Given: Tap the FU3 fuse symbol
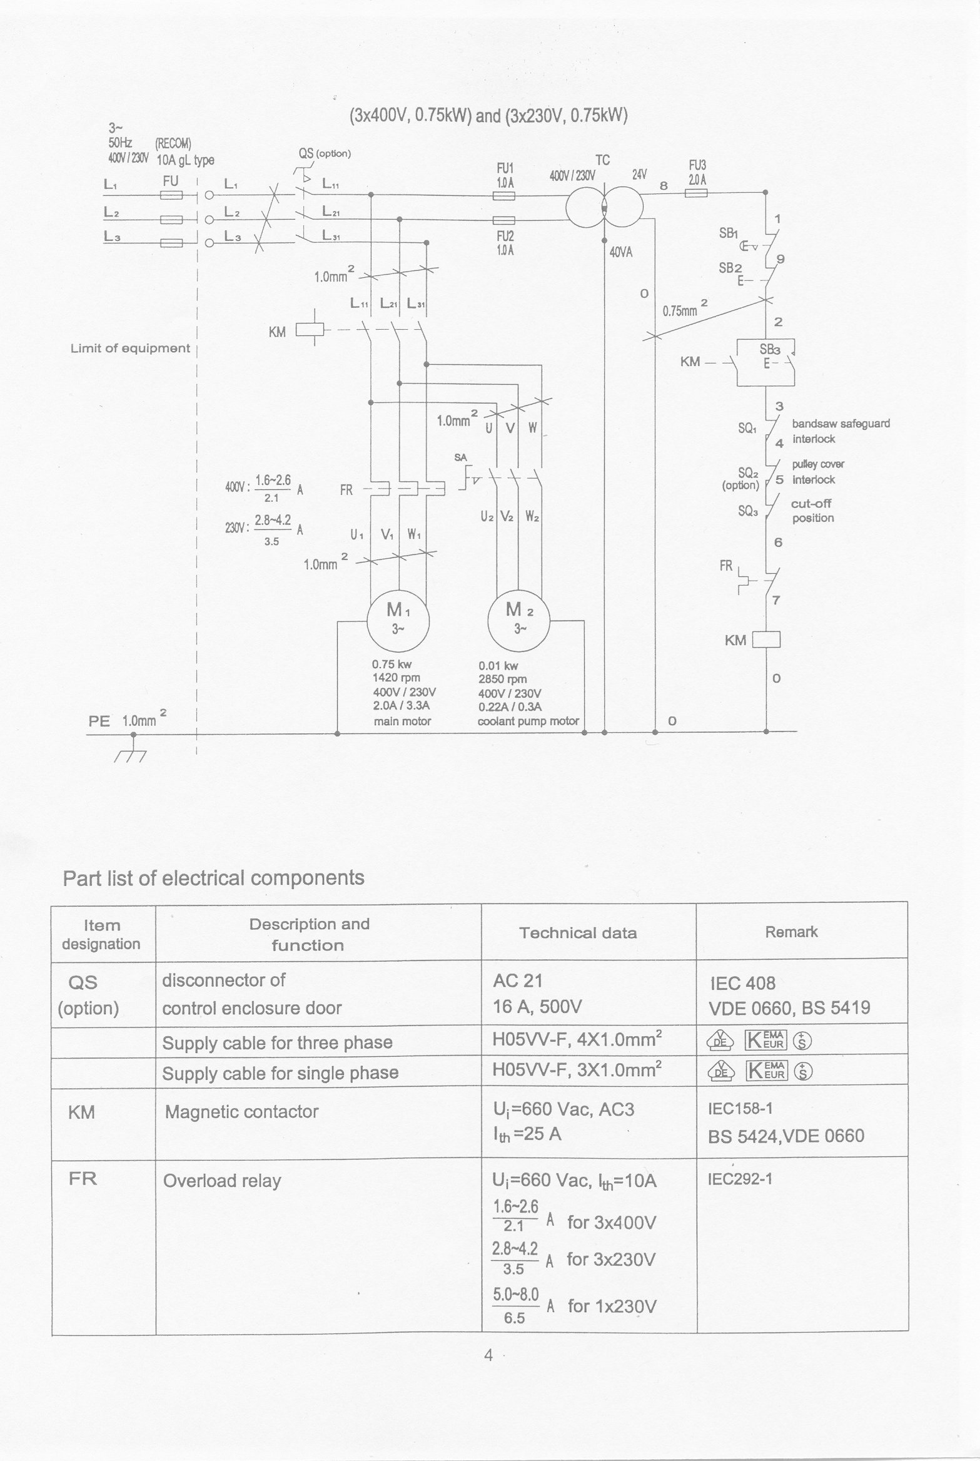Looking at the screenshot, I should click(x=696, y=193).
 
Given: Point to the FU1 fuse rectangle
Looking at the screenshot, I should click(x=504, y=196).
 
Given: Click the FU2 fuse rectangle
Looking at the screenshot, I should click(x=504, y=220).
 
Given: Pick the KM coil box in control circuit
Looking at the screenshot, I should click(x=766, y=639).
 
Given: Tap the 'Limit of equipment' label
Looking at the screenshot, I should click(x=130, y=349).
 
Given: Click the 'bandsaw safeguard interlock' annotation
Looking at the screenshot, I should click(x=840, y=431).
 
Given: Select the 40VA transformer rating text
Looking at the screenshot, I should click(x=621, y=253).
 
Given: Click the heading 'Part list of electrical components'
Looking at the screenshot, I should click(x=213, y=877).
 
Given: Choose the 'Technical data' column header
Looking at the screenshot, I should click(x=578, y=933).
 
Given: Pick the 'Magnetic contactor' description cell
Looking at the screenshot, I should click(x=241, y=1112).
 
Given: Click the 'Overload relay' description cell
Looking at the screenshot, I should click(x=222, y=1181).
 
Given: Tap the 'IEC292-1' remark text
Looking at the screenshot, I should click(x=740, y=1179).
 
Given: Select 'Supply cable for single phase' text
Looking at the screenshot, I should click(x=280, y=1073).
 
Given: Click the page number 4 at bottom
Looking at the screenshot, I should click(x=488, y=1355).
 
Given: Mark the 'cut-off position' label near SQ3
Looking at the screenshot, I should click(x=812, y=511).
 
